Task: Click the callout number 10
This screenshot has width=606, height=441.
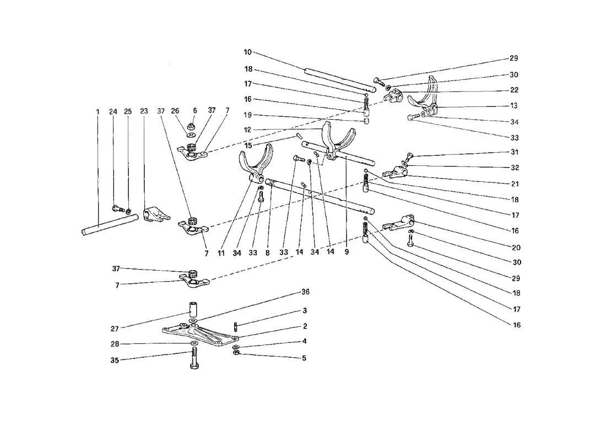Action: click(x=247, y=52)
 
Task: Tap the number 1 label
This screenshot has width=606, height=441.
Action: click(x=98, y=112)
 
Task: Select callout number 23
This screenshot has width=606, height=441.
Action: click(x=144, y=111)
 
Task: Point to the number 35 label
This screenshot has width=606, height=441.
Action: click(x=115, y=361)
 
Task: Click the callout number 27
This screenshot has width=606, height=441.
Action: click(x=115, y=329)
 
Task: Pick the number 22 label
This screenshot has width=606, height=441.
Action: click(x=514, y=90)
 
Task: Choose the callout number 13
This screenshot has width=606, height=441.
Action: click(x=513, y=106)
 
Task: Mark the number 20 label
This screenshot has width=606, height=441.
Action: click(x=516, y=248)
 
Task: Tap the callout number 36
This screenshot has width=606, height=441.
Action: click(x=305, y=292)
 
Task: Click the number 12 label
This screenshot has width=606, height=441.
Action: click(x=247, y=130)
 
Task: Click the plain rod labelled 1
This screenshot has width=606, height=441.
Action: click(x=110, y=225)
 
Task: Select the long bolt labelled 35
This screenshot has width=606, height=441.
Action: click(x=194, y=358)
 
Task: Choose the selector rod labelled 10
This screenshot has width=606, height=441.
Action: click(x=340, y=80)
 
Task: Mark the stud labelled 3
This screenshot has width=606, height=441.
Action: click(x=235, y=326)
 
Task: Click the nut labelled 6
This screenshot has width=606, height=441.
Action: click(x=190, y=126)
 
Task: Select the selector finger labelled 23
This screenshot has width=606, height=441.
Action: click(x=156, y=214)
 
